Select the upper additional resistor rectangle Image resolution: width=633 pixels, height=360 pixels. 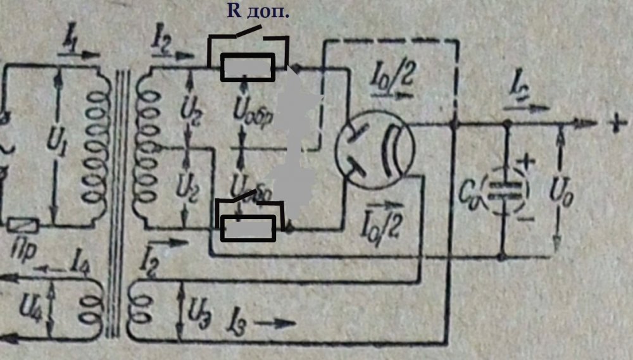point(248,67)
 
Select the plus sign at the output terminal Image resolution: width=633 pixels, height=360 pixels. point(614,125)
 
